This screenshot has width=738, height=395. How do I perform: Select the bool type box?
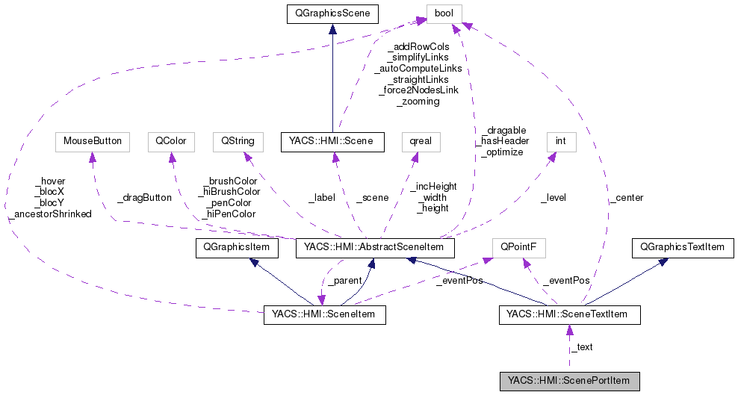pyautogui.click(x=444, y=13)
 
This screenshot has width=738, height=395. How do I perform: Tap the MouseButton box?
pyautogui.click(x=92, y=141)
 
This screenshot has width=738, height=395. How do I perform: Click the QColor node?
pyautogui.click(x=171, y=141)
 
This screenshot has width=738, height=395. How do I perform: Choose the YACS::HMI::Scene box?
pyautogui.click(x=332, y=141)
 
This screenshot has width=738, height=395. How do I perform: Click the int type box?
pyautogui.click(x=560, y=141)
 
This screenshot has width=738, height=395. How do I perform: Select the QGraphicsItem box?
pyautogui.click(x=236, y=247)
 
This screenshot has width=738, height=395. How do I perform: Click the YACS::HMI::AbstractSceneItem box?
pyautogui.click(x=375, y=247)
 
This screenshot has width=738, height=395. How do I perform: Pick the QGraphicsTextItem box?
pyautogui.click(x=683, y=247)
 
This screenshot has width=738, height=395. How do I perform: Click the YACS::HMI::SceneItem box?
pyautogui.click(x=324, y=315)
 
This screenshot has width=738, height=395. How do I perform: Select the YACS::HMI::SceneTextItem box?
pyautogui.click(x=569, y=315)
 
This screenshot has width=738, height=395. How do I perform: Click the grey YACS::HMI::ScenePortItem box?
pyautogui.click(x=569, y=382)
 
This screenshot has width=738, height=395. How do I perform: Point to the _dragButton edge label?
pyautogui.click(x=144, y=198)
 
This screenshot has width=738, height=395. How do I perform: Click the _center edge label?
pyautogui.click(x=625, y=198)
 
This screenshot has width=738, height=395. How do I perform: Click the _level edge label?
pyautogui.click(x=553, y=198)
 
